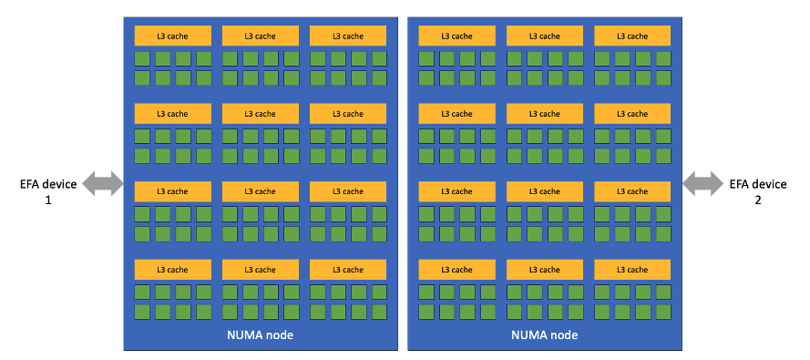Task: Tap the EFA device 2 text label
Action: pyautogui.click(x=757, y=184)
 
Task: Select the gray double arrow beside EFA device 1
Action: pyautogui.click(x=103, y=184)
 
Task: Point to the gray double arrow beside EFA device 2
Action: pyautogui.click(x=702, y=184)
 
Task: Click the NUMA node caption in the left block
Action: pyautogui.click(x=260, y=335)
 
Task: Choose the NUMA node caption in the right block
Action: pyautogui.click(x=544, y=335)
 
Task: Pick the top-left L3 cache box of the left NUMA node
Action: pyautogui.click(x=173, y=36)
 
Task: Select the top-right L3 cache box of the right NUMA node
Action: pyautogui.click(x=632, y=36)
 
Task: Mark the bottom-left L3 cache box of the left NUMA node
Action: pyautogui.click(x=173, y=270)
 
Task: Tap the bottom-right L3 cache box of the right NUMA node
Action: pyautogui.click(x=632, y=270)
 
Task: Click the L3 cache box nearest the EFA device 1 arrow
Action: pyautogui.click(x=173, y=191)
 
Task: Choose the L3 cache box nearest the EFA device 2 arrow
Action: pyautogui.click(x=632, y=191)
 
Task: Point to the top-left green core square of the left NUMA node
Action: pyautogui.click(x=142, y=58)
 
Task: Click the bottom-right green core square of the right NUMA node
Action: pyautogui.click(x=663, y=312)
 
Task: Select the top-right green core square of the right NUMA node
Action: pyautogui.click(x=663, y=58)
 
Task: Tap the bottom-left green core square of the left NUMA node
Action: pyautogui.click(x=142, y=312)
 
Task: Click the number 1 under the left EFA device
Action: pyautogui.click(x=48, y=200)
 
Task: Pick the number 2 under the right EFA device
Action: pyautogui.click(x=757, y=200)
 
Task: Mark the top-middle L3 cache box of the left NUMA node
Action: pyautogui.click(x=261, y=36)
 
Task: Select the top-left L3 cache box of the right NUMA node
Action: pyautogui.click(x=457, y=36)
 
